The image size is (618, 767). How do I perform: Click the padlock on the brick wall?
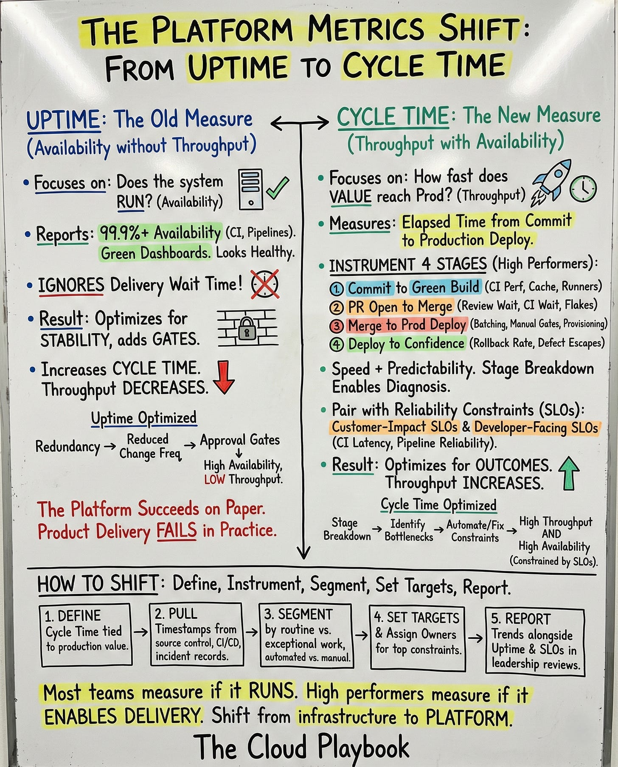pos(247,329)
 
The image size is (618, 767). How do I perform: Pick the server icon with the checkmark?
pos(251,189)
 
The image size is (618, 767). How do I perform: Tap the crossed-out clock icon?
pos(265,284)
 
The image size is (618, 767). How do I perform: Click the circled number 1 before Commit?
pos(336,289)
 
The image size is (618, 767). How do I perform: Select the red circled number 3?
pos(336,326)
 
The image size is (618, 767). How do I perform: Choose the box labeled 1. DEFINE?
pos(86,635)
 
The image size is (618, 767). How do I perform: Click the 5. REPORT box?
pos(535,641)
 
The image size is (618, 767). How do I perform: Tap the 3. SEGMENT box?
pos(306,635)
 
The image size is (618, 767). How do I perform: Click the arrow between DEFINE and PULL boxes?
pos(141,632)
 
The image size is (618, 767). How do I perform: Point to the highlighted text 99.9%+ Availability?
pos(160,233)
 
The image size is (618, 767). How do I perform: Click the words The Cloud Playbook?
pos(302,747)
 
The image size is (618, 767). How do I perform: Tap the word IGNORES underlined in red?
pos(71,285)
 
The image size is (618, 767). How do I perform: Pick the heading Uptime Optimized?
pos(144,418)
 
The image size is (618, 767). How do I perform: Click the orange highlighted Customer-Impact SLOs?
pos(394,427)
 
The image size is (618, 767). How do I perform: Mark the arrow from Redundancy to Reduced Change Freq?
pos(110,447)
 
